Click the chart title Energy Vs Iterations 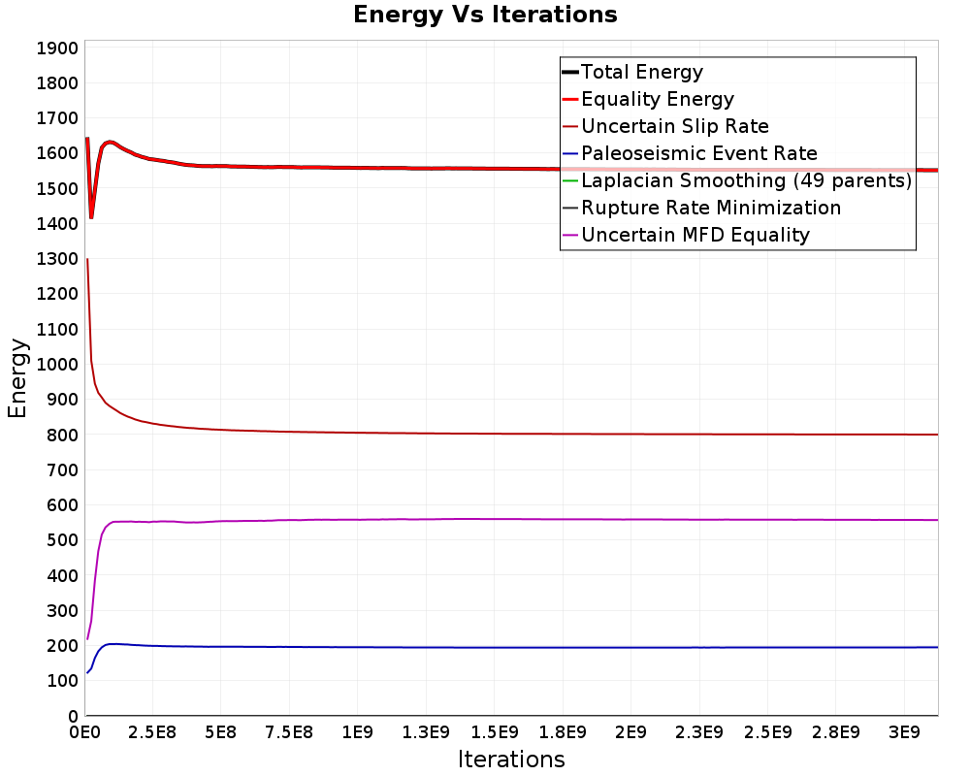[485, 15]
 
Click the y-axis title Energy [16, 377]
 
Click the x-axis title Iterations [511, 759]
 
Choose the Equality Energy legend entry [657, 99]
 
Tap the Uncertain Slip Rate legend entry [674, 126]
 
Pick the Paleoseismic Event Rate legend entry [698, 153]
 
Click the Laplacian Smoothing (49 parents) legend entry [745, 180]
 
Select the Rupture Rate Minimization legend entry [710, 208]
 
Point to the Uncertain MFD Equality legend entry [695, 235]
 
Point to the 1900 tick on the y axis [57, 48]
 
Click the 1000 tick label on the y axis [57, 365]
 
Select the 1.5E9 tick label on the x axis [495, 730]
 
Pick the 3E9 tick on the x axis [904, 730]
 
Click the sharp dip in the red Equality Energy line [91, 217]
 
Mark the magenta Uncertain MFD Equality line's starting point [87, 638]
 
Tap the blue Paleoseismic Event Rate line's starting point [87, 672]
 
